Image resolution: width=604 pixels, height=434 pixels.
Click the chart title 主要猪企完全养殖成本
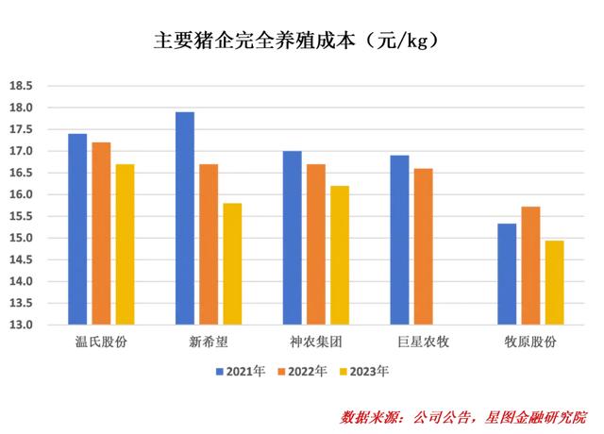[x=255, y=40]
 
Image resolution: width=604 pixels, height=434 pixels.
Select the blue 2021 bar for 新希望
[x=185, y=218]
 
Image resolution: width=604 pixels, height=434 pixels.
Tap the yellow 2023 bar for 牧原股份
[x=555, y=283]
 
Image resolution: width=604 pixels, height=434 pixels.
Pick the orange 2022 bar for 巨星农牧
[x=424, y=246]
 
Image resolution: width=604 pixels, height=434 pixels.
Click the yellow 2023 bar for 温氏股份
[x=126, y=244]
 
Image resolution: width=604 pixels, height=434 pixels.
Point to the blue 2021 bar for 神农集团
[x=293, y=238]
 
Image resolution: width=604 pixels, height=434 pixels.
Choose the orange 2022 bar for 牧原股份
[x=530, y=266]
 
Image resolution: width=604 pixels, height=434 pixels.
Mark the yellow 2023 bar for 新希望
[x=233, y=264]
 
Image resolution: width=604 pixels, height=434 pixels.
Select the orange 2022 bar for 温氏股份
[x=101, y=234]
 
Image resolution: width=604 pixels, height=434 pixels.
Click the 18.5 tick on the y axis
[x=21, y=86]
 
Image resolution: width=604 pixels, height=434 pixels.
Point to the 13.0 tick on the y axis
[x=21, y=325]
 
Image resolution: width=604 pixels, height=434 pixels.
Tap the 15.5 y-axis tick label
[x=21, y=216]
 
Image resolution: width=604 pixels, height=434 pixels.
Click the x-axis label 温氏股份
[x=101, y=342]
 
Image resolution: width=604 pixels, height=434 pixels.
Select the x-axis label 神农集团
[x=316, y=342]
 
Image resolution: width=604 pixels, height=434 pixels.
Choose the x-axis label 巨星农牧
[x=424, y=342]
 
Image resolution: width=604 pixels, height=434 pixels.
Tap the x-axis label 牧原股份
[x=530, y=342]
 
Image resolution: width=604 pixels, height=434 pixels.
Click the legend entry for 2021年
[x=241, y=372]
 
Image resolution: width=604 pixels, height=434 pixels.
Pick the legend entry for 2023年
[x=364, y=372]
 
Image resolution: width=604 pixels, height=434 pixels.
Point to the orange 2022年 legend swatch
[x=281, y=372]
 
